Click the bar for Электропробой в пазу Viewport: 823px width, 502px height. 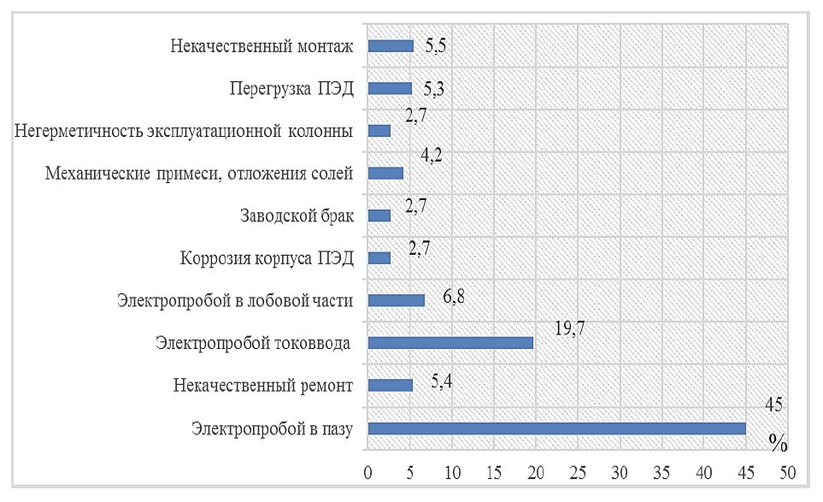[556, 428]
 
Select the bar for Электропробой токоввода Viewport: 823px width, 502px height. [450, 343]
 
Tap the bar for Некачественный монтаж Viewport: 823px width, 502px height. [391, 46]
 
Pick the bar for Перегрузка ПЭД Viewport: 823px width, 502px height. [390, 88]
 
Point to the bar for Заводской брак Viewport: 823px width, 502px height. [379, 216]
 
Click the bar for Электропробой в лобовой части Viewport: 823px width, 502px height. [396, 300]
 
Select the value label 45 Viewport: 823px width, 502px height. [775, 405]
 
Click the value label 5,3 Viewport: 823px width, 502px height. [433, 88]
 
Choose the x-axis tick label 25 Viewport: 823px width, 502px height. [578, 472]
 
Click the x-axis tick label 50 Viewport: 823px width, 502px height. [787, 472]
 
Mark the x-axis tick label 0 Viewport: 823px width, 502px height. [367, 472]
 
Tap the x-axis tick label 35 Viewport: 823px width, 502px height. [661, 472]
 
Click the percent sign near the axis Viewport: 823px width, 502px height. [777, 442]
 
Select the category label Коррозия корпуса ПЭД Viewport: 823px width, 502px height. [267, 258]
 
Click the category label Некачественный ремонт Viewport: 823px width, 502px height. [262, 386]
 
